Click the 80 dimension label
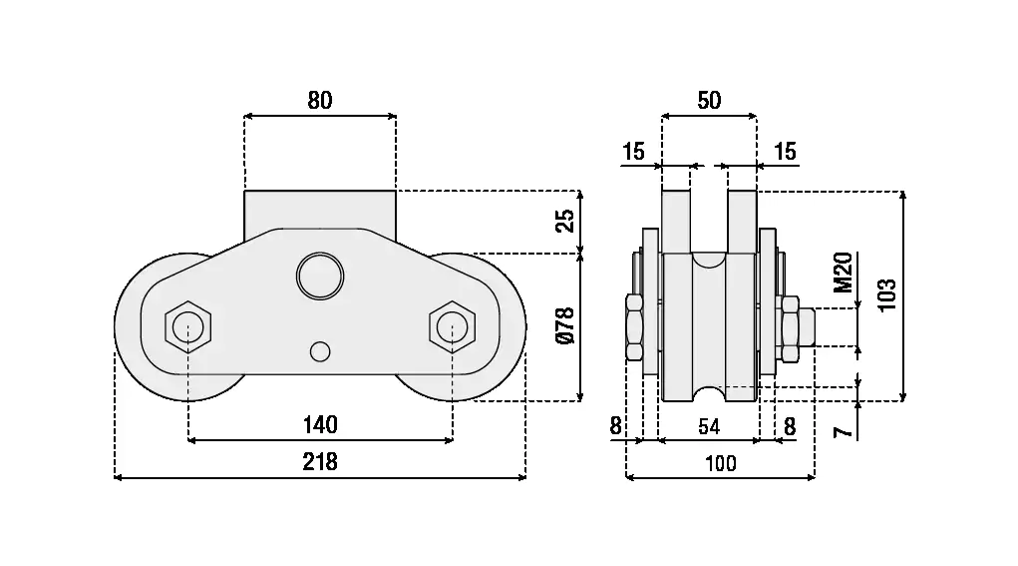coord(320,100)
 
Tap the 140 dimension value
coord(320,425)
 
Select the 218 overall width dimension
coord(320,462)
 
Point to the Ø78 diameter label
coord(565,326)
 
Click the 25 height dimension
coord(565,221)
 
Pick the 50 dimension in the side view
coord(709,100)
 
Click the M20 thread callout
coord(844,274)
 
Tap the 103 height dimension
coord(887,295)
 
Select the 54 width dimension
coord(709,427)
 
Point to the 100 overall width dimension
coord(720,463)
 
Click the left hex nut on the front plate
coord(188,325)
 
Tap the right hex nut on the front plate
coord(452,325)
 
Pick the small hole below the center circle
coord(320,351)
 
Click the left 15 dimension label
coord(633,152)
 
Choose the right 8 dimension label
coord(789,427)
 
